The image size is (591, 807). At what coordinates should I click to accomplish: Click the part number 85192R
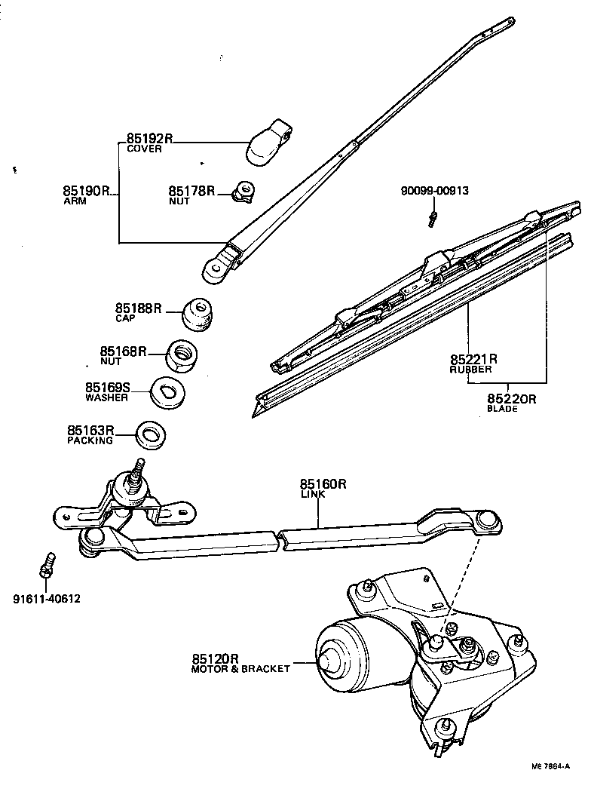tap(149, 138)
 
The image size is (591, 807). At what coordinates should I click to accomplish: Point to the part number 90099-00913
tap(433, 190)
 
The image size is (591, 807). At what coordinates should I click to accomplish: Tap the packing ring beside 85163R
tap(151, 434)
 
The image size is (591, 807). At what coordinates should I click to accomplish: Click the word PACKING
tap(90, 440)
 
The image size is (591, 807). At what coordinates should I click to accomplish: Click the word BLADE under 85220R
tap(501, 409)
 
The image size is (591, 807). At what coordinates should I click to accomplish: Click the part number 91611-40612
tap(47, 600)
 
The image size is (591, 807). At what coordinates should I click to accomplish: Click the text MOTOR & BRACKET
tap(240, 668)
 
